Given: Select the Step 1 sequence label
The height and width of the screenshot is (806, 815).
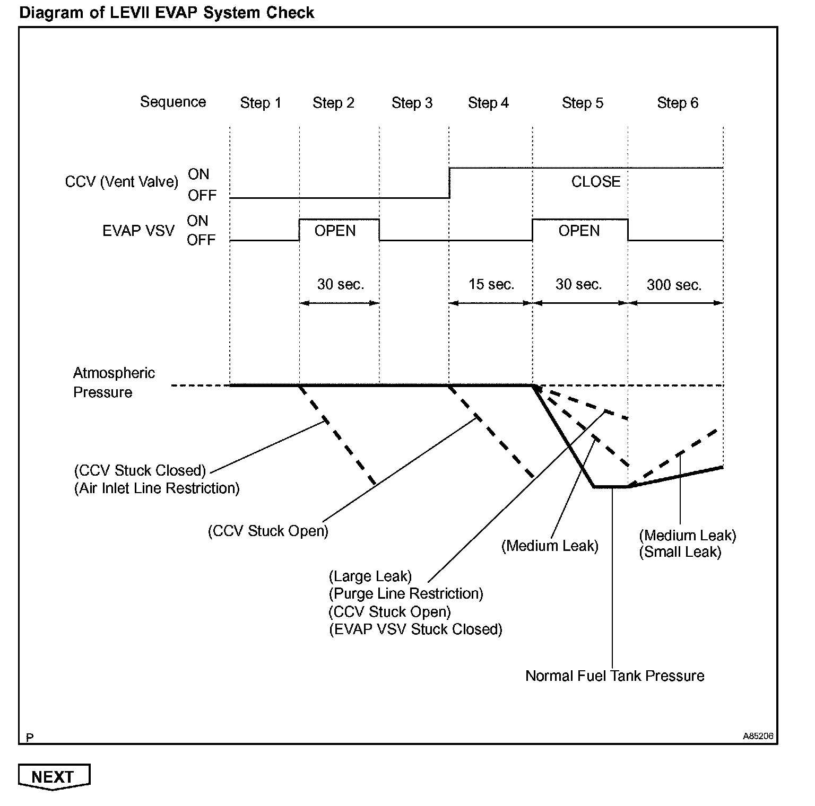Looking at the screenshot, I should tap(261, 103).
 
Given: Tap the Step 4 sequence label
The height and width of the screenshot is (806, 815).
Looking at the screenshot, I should tap(488, 103).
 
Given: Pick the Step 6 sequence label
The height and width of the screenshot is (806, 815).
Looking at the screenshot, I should tap(678, 103).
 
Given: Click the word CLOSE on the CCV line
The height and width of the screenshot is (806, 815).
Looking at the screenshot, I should tap(595, 182).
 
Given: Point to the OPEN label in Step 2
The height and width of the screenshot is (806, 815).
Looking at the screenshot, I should tap(335, 231).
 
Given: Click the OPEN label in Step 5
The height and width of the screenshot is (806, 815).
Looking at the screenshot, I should tap(579, 231).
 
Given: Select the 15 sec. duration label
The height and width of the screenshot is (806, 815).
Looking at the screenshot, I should tap(491, 285).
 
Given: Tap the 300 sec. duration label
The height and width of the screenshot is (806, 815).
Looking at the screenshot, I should tap(674, 285).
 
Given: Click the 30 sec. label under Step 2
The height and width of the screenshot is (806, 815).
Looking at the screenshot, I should tap(341, 285).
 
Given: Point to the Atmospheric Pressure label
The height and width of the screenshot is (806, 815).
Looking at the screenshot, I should tap(114, 383).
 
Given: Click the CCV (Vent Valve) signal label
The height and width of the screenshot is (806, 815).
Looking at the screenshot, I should tap(122, 182).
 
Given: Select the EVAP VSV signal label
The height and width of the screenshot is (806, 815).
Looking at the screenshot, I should tap(138, 231).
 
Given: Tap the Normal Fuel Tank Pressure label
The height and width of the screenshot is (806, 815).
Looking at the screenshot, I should tap(614, 676).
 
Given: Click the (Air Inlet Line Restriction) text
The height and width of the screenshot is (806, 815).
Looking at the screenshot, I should tap(157, 488).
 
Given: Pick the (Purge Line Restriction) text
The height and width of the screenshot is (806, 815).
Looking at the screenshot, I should tap(406, 594).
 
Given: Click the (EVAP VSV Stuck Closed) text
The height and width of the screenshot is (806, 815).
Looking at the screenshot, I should tap(415, 629).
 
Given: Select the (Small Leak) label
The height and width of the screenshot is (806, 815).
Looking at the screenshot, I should tap(680, 553).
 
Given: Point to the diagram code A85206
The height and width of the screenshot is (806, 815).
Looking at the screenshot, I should tap(758, 737).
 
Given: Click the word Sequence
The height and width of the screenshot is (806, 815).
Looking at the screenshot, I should tap(173, 102).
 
